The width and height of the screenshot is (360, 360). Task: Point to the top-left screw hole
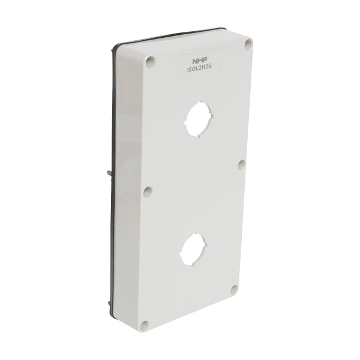[x=150, y=60]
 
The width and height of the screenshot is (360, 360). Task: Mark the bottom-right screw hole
[x=231, y=290]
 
